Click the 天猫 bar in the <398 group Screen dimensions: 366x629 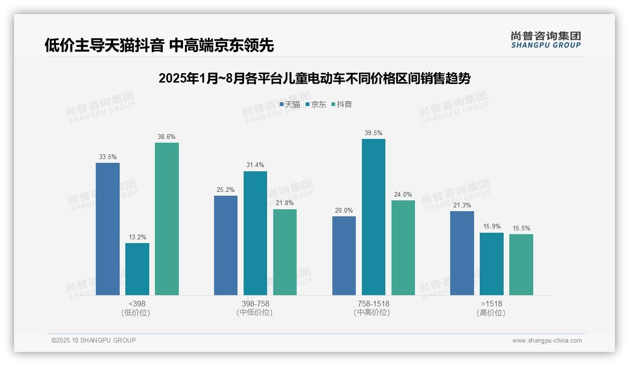[107, 229]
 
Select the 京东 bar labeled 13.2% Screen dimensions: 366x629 [137, 269]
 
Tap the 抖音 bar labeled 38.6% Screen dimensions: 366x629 [167, 219]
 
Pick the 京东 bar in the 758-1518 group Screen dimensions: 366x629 [373, 217]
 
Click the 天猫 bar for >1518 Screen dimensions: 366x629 [462, 253]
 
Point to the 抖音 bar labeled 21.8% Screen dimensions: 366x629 [285, 252]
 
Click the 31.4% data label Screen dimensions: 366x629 [255, 165]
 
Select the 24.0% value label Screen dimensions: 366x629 [403, 194]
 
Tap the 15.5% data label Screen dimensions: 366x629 [521, 229]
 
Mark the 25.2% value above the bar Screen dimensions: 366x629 [226, 190]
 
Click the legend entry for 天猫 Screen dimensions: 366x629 [290, 105]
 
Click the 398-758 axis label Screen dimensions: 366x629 [255, 304]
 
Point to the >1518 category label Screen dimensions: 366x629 [491, 304]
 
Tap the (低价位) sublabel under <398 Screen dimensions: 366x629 [136, 313]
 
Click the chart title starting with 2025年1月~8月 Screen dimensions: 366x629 [314, 78]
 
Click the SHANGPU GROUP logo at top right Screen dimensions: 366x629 [545, 40]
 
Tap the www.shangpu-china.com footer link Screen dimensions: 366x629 [547, 341]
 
